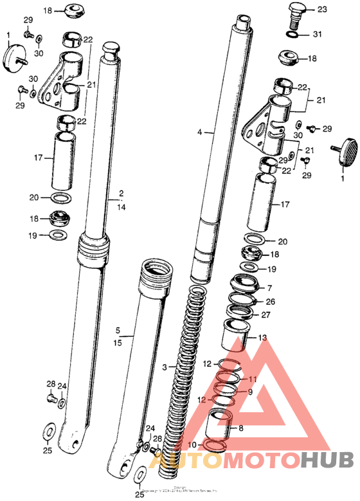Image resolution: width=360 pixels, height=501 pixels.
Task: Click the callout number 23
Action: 321,9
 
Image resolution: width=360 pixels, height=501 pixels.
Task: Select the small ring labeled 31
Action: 293,35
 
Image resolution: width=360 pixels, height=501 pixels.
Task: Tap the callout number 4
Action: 200,132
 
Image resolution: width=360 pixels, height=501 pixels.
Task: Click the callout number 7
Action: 269,287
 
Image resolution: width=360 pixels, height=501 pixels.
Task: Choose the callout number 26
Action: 271,301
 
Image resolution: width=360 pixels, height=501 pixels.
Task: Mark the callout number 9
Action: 251,392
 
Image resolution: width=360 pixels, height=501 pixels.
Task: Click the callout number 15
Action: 118,343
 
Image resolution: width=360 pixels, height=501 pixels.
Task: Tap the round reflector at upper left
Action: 14,57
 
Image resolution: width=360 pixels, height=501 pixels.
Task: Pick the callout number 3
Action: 164,367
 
